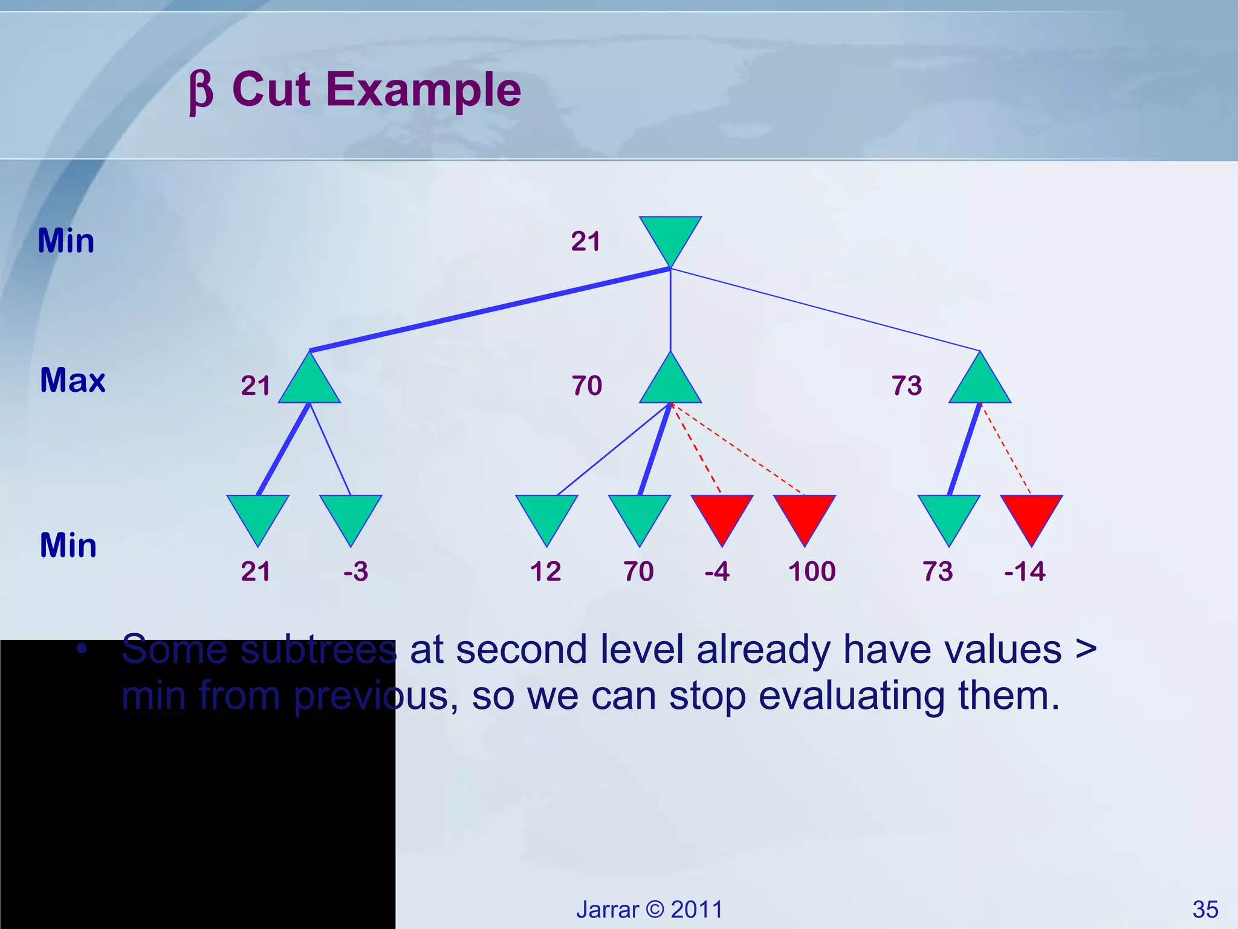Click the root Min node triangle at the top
(670, 236)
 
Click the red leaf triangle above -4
(722, 514)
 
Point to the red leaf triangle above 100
(805, 514)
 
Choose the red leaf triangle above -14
(1031, 514)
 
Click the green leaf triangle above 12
(546, 514)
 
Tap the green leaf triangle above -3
(351, 514)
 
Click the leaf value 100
(812, 572)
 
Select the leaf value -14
(1025, 572)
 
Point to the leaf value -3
(355, 572)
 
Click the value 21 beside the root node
(585, 241)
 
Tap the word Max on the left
(73, 380)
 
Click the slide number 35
(1205, 910)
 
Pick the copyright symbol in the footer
(655, 910)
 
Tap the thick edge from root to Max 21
(490, 310)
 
